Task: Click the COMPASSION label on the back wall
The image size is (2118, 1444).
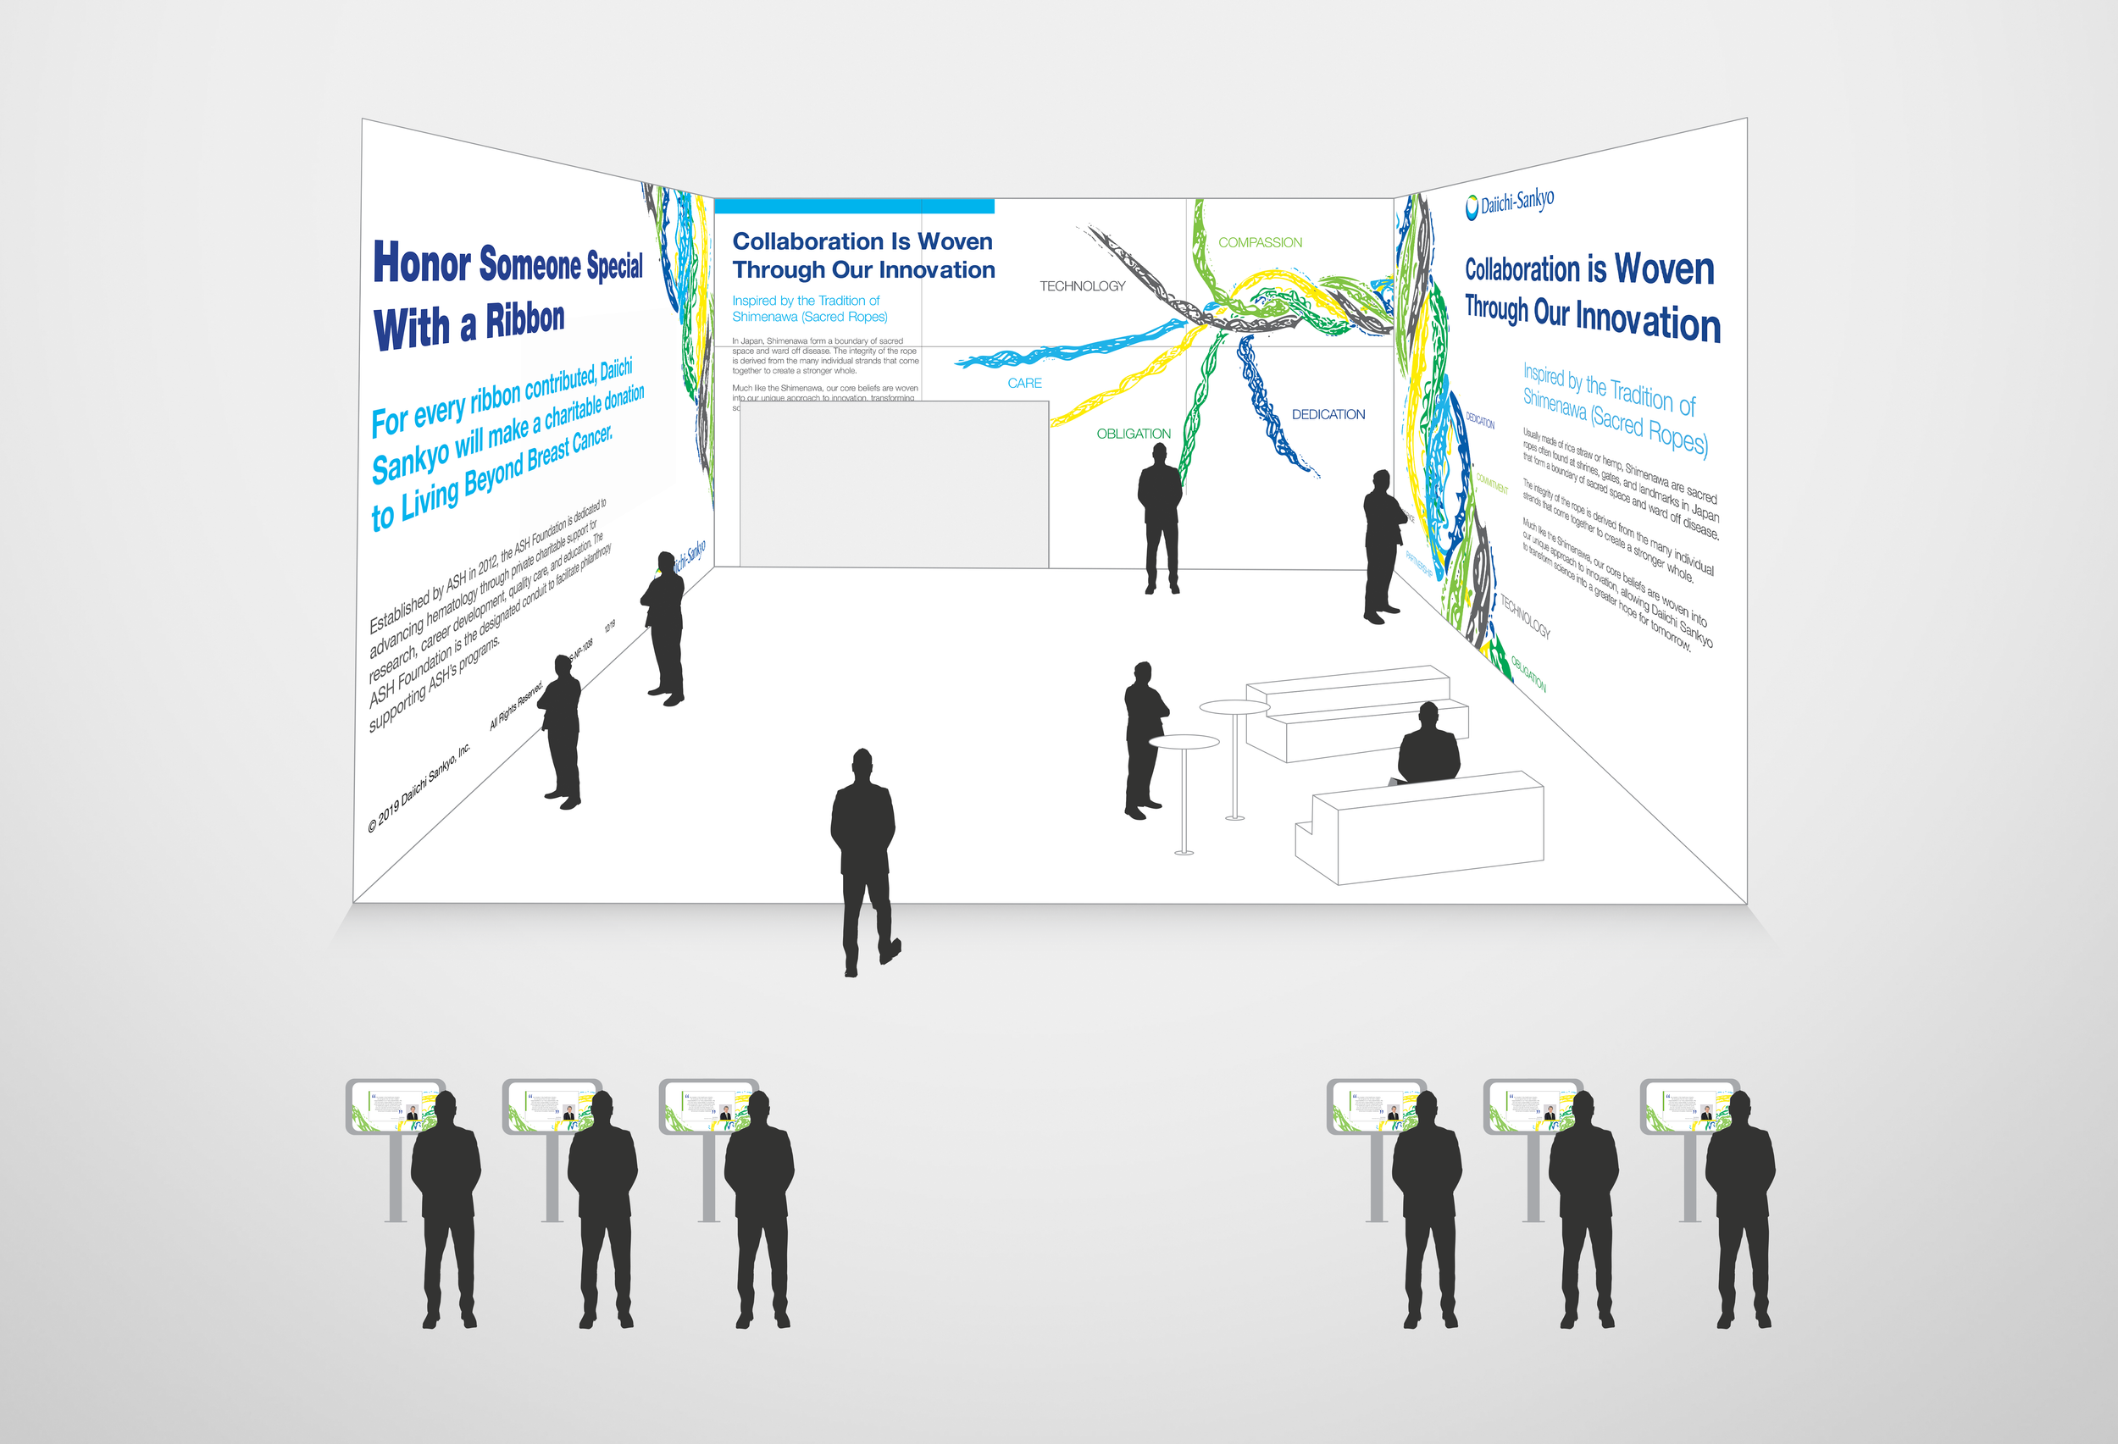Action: coord(1260,242)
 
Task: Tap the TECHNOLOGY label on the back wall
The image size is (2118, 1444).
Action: coord(1082,286)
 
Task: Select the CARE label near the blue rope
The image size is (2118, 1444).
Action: coord(1024,384)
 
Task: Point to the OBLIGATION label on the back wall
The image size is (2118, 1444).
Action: coord(1133,434)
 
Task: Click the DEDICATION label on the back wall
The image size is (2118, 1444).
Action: coord(1328,414)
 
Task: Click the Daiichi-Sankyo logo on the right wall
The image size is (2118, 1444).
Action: coord(1509,202)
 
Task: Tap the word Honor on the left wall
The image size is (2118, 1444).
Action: coord(421,263)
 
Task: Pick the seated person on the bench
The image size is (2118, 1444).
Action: coord(1428,745)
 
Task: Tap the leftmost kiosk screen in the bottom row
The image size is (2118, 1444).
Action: coord(394,1106)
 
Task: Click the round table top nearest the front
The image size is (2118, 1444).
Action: coord(1183,742)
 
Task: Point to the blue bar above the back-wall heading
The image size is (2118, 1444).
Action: coord(854,207)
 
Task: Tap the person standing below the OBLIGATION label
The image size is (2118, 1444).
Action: coord(1160,519)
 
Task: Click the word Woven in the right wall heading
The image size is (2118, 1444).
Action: coord(1663,269)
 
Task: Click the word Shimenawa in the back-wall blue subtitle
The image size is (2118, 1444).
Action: coord(765,317)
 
